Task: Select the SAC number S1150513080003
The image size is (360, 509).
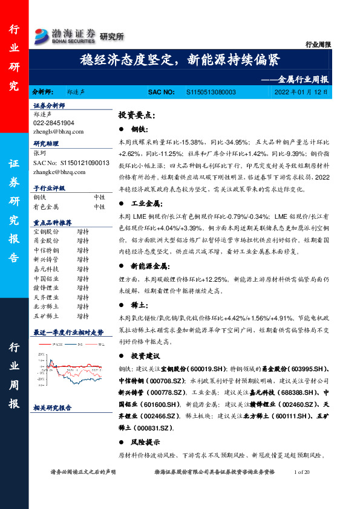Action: click(208, 92)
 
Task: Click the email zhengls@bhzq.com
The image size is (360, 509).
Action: click(59, 131)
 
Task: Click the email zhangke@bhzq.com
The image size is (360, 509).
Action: click(59, 172)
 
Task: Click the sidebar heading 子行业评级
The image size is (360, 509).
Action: click(50, 188)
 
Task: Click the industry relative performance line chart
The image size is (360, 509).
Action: click(68, 366)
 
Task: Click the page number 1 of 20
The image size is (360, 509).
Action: click(300, 472)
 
